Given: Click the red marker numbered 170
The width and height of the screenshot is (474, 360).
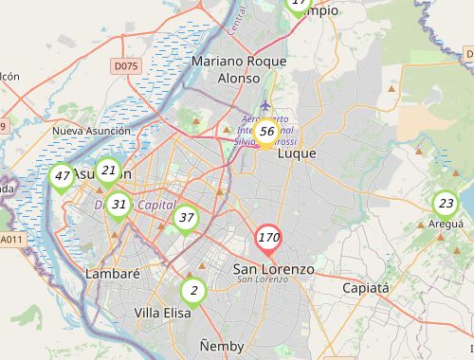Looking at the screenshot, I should tap(268, 238).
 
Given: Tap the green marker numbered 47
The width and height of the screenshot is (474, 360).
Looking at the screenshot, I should tap(62, 177).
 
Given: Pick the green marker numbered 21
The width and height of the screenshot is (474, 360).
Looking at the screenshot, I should tap(109, 171).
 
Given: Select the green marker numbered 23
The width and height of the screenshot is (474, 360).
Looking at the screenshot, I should tap(446, 204).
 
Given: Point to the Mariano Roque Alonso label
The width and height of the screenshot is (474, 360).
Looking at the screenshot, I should tap(238, 70).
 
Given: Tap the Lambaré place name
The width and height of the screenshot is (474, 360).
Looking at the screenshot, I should tap(113, 274).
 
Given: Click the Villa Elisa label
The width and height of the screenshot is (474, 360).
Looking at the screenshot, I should tap(162, 313).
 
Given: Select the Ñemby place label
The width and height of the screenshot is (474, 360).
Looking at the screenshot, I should tap(222, 346).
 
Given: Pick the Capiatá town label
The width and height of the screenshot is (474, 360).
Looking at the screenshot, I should tap(366, 288).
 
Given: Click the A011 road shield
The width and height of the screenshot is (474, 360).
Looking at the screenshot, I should tap(10, 240).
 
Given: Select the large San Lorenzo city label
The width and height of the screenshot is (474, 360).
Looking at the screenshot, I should tap(273, 269).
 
